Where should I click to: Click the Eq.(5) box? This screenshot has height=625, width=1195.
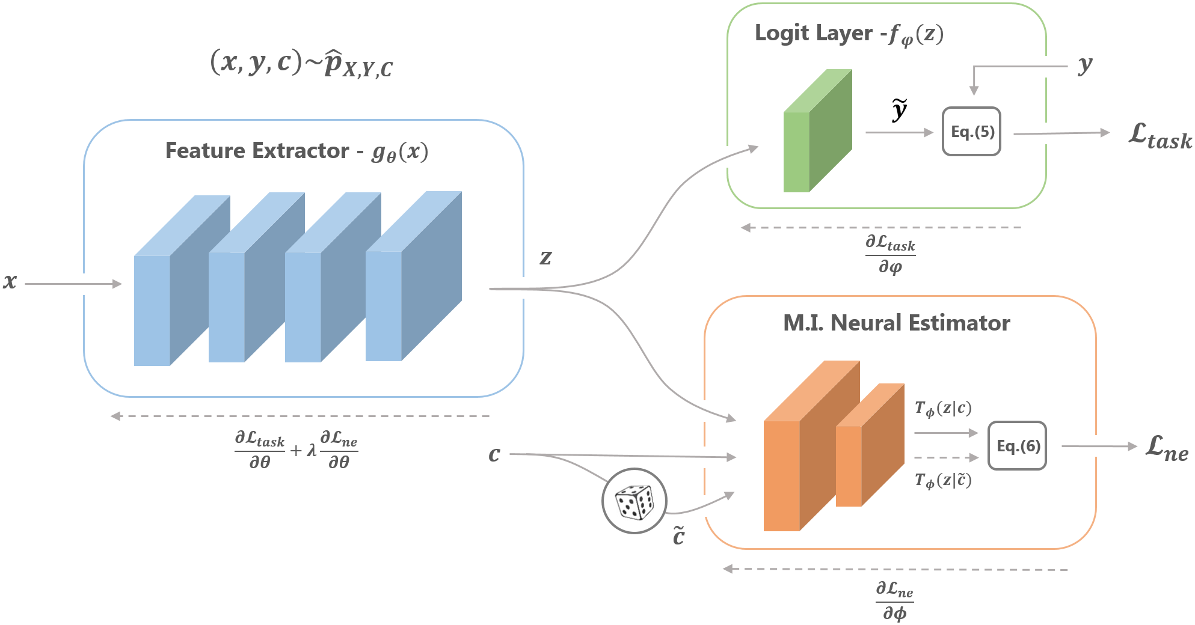pos(971,132)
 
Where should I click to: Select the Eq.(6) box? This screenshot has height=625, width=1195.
pos(1018,445)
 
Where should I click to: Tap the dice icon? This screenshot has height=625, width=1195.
pos(634,501)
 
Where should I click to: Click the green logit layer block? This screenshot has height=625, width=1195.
pos(818,130)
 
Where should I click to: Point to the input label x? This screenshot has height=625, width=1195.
pos(10,281)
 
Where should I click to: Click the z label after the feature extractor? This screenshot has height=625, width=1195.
pos(545,257)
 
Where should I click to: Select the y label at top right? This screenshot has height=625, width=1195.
pos(1085,65)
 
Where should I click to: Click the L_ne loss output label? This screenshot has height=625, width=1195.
pos(1167,448)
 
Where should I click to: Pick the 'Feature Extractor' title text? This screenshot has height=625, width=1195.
pos(257,150)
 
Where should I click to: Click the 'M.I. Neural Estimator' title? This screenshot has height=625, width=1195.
pos(896,323)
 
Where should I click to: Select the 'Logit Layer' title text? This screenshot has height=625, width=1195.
pos(813,33)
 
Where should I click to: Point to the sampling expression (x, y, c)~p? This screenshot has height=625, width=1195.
pos(301,64)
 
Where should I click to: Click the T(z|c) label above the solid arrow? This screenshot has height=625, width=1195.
pos(943,409)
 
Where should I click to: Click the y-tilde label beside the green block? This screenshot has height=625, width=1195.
pos(899,110)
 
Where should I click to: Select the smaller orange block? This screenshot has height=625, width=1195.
pos(870,445)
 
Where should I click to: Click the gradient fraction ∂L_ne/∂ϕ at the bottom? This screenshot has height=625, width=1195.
pos(894,601)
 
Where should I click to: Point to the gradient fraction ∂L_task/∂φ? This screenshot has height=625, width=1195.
pos(890,254)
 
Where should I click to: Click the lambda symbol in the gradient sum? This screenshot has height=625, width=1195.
pos(312,450)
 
